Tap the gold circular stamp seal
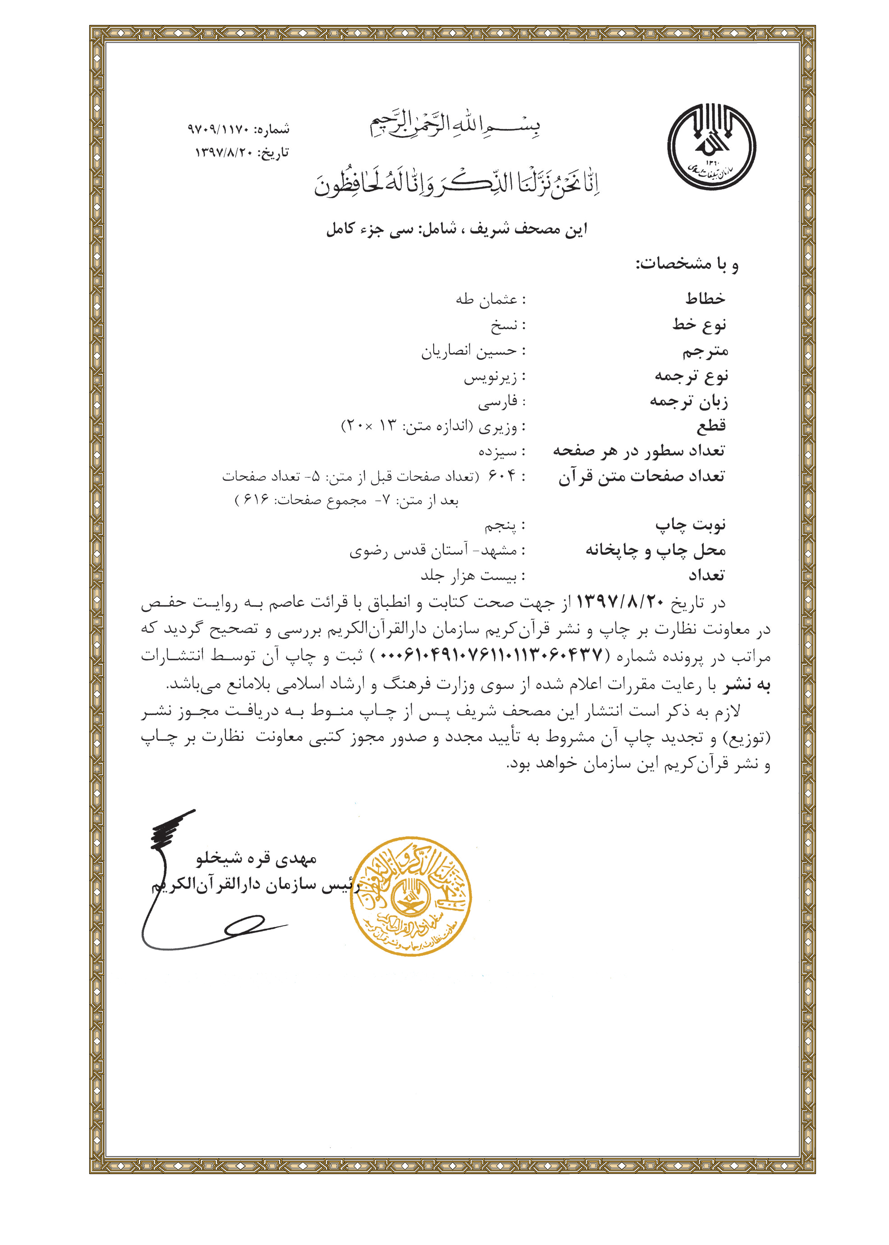(x=411, y=895)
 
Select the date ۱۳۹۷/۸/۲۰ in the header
(x=223, y=153)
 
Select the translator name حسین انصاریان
(x=468, y=351)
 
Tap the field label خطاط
(x=705, y=299)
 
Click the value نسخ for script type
(x=504, y=326)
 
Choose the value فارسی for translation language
(x=498, y=403)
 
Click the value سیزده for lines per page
(x=498, y=451)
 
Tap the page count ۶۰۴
(x=502, y=476)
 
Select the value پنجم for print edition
(x=500, y=526)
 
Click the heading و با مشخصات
(x=687, y=265)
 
